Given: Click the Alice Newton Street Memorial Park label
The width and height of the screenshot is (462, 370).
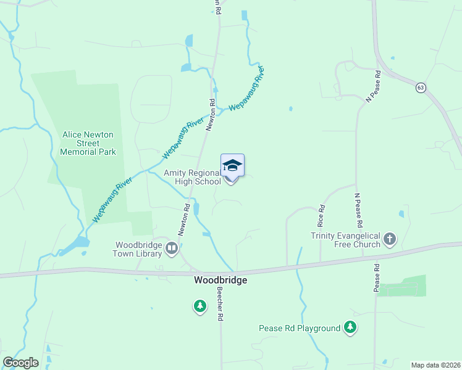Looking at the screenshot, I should click(x=88, y=143).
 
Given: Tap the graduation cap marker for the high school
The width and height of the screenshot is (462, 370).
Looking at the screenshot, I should click(x=232, y=166).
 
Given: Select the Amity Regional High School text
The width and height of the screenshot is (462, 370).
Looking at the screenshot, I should click(x=192, y=178).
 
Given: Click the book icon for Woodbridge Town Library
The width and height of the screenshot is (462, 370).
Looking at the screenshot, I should click(x=172, y=249).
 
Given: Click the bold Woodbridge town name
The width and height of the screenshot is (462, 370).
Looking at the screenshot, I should click(x=220, y=280).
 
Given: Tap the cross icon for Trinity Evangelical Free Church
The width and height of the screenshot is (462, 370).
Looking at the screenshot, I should click(x=389, y=239).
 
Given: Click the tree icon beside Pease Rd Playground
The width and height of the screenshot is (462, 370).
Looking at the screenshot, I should click(x=351, y=327).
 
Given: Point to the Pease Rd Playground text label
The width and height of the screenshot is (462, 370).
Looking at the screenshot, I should click(x=300, y=329).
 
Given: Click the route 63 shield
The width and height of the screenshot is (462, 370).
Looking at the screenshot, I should click(x=421, y=88).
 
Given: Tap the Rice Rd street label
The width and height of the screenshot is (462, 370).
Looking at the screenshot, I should click(x=321, y=216).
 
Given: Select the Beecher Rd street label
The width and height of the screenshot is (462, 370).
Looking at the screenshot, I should click(x=219, y=306).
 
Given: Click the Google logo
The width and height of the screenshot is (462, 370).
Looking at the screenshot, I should click(x=20, y=363).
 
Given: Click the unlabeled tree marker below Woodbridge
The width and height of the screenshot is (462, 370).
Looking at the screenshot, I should click(x=199, y=305).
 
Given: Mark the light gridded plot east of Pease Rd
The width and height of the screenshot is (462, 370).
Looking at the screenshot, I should click(x=401, y=287).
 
